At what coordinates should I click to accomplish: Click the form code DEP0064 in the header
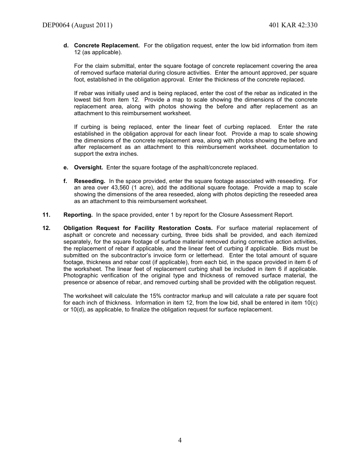pos(56,25)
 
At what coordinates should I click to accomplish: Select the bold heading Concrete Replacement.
pos(107,45)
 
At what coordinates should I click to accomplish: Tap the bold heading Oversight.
pos(88,167)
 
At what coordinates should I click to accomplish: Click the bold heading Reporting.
pos(78,215)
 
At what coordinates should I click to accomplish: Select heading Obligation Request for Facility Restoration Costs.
pos(138,228)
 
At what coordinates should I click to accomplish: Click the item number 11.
pos(46,215)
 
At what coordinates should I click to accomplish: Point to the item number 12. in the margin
pos(46,228)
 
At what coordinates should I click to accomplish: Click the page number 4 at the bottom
pos(180,440)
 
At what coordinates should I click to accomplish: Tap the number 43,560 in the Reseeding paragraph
pos(120,188)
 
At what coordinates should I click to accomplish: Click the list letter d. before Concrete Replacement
pos(66,45)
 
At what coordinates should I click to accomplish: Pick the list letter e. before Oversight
pos(66,167)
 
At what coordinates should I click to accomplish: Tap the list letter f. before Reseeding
pos(65,181)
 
